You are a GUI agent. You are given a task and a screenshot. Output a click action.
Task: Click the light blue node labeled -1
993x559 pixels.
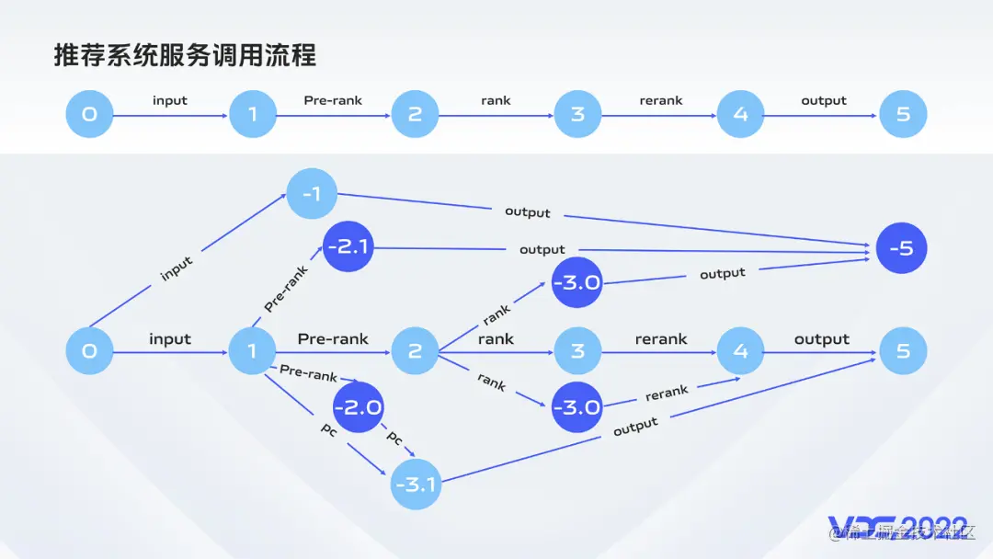tap(312, 194)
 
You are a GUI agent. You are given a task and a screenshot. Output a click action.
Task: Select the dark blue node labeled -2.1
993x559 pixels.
tap(348, 248)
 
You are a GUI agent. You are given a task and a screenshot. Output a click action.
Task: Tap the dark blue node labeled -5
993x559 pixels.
tap(901, 248)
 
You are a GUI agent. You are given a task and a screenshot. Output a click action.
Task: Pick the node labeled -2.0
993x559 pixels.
tap(358, 407)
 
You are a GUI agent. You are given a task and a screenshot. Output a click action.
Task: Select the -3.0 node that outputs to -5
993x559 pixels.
tap(576, 282)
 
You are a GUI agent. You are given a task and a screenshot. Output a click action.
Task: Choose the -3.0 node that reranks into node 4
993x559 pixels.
tap(576, 407)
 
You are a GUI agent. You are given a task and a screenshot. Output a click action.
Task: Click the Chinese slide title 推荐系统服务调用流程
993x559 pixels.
tap(185, 56)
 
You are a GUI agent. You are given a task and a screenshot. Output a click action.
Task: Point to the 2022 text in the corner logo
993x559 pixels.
tap(931, 522)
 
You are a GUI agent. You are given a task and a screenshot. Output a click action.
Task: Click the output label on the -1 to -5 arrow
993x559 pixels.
tap(528, 212)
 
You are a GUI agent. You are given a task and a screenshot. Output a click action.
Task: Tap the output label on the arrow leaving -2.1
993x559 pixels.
tap(542, 249)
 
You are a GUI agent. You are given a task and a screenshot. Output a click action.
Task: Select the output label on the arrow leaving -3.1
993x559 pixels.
tap(635, 426)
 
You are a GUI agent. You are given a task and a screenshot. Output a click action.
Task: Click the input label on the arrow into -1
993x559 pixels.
tap(177, 268)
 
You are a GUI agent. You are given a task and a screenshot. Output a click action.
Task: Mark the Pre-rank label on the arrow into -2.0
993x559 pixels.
tap(308, 373)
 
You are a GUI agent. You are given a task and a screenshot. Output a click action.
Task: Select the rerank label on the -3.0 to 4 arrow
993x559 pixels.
tap(667, 394)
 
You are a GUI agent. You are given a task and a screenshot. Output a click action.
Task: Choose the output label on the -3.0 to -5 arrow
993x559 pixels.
tap(722, 273)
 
